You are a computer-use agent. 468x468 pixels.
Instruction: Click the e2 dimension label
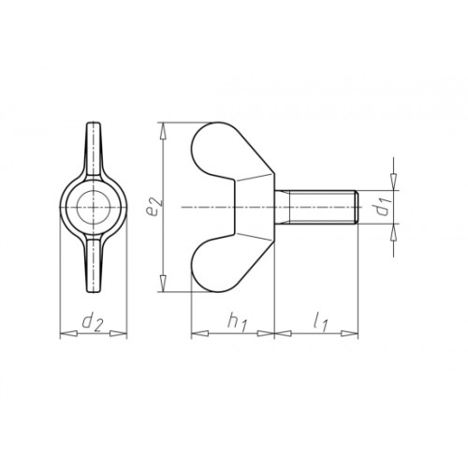(x=154, y=206)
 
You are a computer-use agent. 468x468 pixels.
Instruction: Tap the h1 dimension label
(x=238, y=322)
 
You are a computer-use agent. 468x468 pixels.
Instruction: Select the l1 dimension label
(x=320, y=323)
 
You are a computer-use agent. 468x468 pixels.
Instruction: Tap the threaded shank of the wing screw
(x=316, y=207)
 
